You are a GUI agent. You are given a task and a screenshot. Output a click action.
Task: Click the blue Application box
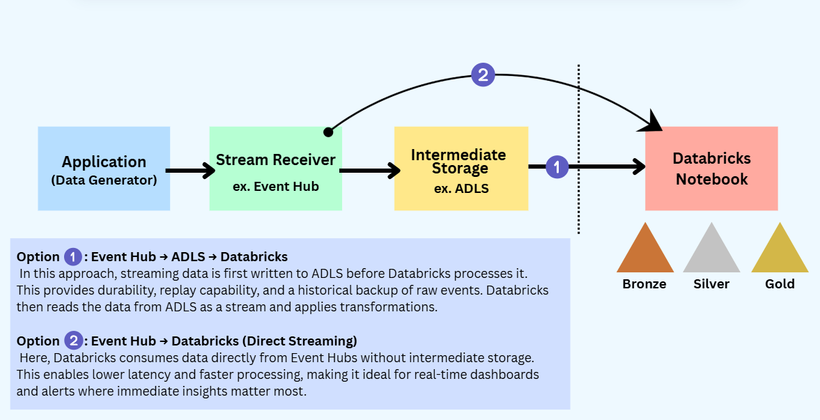104,169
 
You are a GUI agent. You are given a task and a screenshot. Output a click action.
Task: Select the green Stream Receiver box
275,169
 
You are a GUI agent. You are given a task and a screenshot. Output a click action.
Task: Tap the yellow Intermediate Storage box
461,169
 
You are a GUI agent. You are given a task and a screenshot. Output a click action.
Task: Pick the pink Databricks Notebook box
711,169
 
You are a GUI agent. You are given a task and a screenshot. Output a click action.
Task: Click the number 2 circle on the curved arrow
483,75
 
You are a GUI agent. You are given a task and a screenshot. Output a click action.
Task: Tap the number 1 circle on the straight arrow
557,166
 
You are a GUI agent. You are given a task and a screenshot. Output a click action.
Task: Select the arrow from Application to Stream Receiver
189,170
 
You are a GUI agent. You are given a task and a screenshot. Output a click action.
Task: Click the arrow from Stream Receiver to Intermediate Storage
369,170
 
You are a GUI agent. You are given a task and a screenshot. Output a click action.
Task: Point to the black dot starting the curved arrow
328,131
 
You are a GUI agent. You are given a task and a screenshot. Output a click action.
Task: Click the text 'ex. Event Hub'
276,186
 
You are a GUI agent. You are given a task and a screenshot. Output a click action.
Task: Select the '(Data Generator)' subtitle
104,180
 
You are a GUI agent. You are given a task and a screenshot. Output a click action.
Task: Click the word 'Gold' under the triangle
780,283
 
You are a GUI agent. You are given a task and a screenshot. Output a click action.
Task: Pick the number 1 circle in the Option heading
73,256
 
